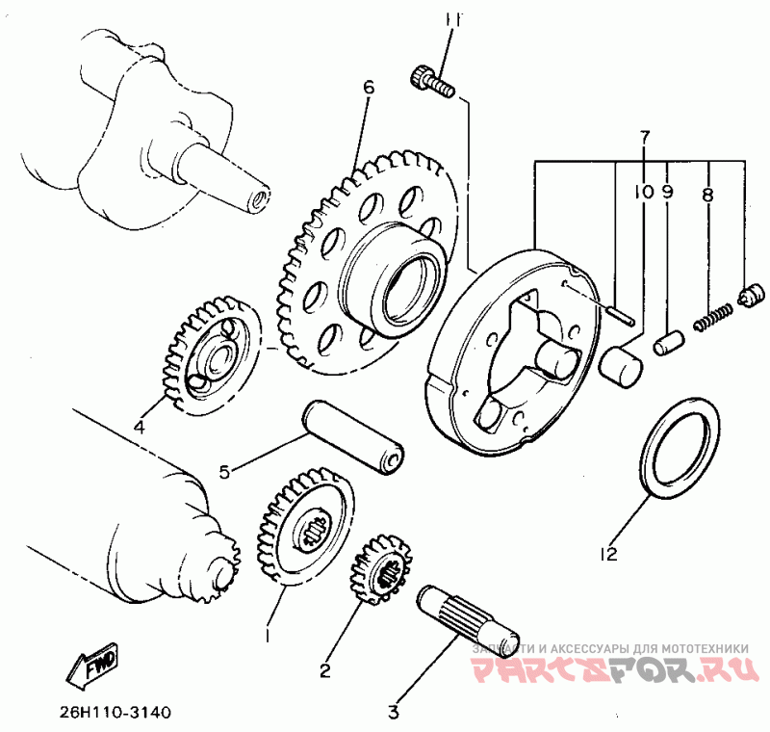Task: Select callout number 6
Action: (368, 88)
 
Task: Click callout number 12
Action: (606, 554)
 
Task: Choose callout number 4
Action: (139, 426)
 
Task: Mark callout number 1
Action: (267, 636)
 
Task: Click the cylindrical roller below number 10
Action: (621, 363)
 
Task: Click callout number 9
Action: (667, 192)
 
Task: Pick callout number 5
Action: (224, 472)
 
